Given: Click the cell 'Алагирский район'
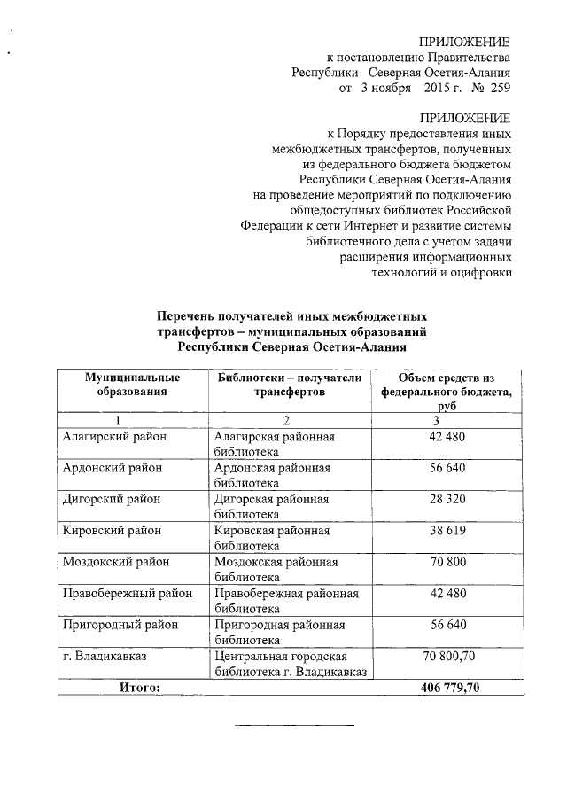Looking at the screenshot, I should (x=115, y=437).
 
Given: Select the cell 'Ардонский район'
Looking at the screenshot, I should (x=113, y=468).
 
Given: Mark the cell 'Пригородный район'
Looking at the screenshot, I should (x=120, y=624).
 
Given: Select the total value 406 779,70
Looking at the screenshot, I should (x=447, y=686).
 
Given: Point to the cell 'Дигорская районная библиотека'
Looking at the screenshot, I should (x=271, y=506).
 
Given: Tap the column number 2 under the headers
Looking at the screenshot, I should (x=287, y=420).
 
